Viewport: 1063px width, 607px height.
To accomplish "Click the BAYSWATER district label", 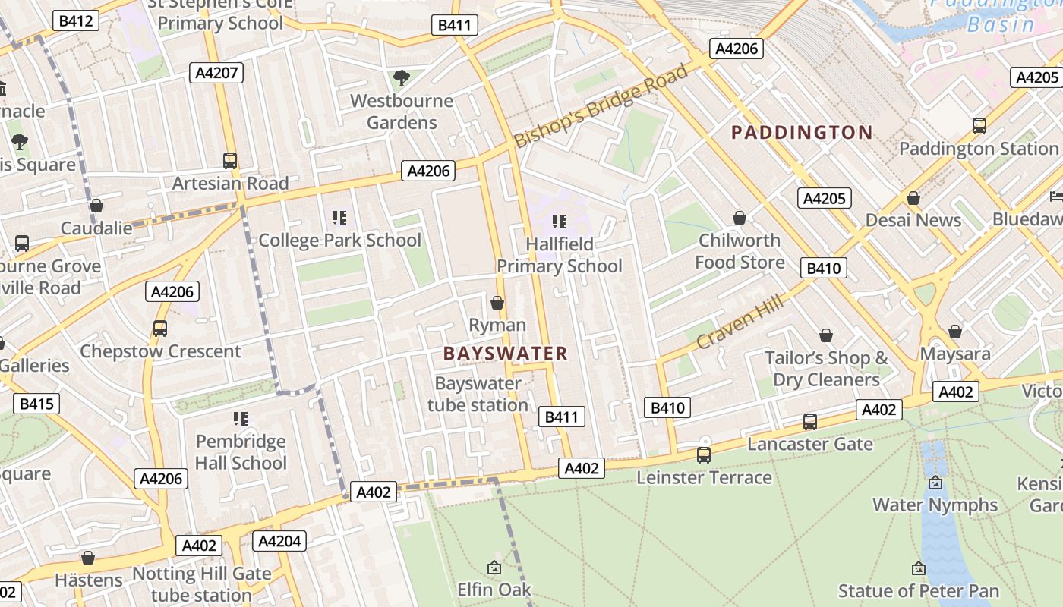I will tap(505, 354).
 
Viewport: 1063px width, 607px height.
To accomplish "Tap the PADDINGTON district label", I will tap(801, 133).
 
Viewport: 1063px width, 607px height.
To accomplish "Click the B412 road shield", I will tap(76, 20).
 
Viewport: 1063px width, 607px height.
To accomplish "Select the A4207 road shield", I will tap(216, 73).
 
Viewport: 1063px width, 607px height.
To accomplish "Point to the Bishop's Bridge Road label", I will tap(601, 105).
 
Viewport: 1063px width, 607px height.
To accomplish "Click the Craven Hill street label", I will tap(739, 322).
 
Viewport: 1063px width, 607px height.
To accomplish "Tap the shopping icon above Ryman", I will tap(497, 303).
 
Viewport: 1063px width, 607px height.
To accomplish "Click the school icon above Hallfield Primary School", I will tap(560, 222).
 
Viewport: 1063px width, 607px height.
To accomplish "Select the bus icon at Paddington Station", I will tap(979, 126).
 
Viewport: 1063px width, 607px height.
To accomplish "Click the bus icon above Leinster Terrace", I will tap(704, 455).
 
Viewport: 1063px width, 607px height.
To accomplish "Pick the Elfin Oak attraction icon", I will tap(494, 568).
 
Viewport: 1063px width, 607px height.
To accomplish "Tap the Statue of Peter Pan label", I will tap(919, 590).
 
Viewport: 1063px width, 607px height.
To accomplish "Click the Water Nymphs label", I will tap(935, 505).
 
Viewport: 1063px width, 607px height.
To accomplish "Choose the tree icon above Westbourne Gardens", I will tap(401, 77).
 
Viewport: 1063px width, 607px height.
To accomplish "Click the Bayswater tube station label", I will tap(478, 394).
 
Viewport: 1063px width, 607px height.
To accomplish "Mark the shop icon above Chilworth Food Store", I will tap(740, 219).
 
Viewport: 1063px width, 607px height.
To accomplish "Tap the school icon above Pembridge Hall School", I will tap(241, 418).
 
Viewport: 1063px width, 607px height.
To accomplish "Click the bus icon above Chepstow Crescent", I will tap(159, 329).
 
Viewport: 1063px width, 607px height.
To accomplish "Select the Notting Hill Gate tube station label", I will tap(201, 584).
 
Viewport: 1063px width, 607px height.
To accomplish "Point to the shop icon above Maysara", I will tap(955, 332).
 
